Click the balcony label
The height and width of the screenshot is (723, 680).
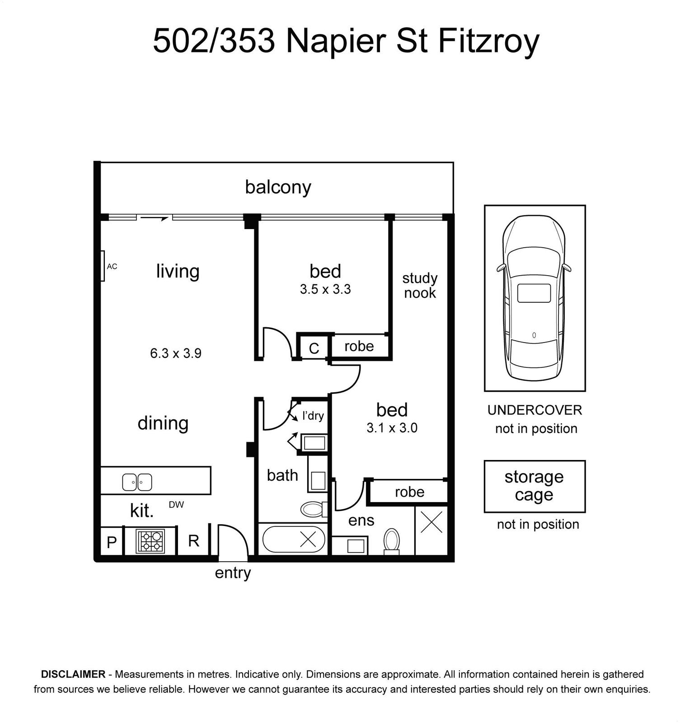point(278,187)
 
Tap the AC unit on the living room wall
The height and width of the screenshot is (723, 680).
point(103,266)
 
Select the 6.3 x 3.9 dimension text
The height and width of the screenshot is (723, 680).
point(176,353)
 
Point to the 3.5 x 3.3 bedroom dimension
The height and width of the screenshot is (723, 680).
point(325,289)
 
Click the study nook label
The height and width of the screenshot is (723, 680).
point(420,286)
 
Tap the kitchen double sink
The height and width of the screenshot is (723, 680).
point(137,482)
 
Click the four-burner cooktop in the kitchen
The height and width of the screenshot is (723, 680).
point(150,541)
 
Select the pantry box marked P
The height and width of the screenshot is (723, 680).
point(112,542)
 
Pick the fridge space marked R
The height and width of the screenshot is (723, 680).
point(193,541)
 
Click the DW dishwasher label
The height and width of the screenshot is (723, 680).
point(176,505)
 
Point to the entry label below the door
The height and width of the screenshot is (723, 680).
point(233,573)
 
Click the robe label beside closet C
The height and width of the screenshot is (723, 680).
point(359,346)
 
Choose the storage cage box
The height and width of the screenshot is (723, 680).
point(535,486)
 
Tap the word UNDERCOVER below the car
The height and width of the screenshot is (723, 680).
point(535,410)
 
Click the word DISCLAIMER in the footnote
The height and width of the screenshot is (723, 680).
point(73,674)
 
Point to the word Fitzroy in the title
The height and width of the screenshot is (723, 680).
point(488,42)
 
